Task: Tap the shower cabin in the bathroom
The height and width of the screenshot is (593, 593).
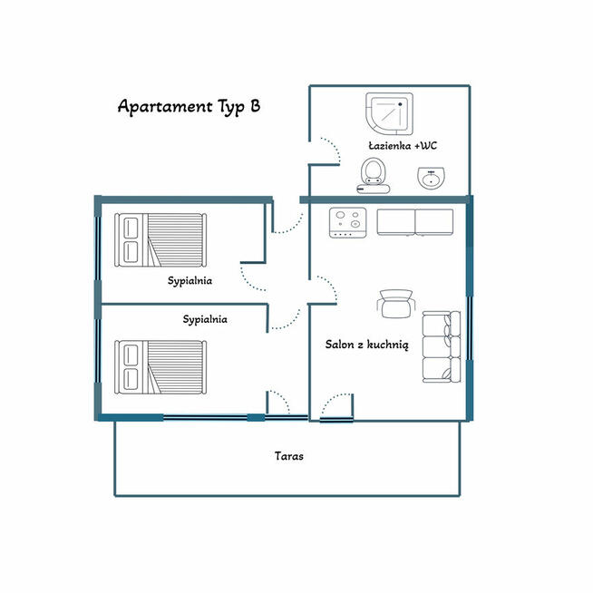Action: pos(390,114)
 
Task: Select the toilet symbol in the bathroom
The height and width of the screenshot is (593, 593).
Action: pos(372,174)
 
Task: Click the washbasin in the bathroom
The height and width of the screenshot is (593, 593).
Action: pos(431,179)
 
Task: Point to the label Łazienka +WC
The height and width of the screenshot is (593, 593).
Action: pos(403,145)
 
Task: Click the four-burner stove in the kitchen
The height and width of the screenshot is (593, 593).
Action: pos(346,222)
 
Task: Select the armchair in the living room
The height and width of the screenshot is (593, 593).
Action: pos(396,303)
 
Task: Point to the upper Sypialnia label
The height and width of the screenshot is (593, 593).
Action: pos(190,281)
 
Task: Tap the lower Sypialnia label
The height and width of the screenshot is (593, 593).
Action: pos(205,319)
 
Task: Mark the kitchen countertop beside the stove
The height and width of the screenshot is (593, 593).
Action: pos(414,221)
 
